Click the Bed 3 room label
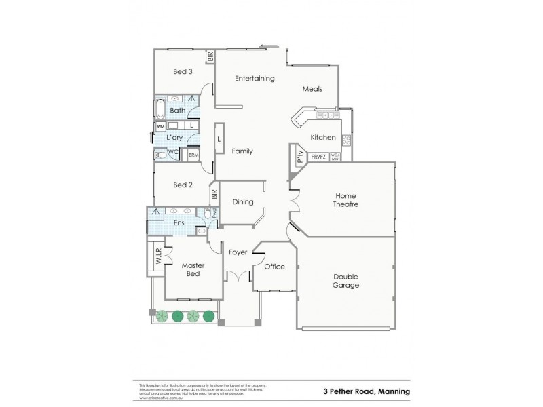(183, 72)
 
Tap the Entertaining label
(255, 78)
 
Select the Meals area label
(312, 89)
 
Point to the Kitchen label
(323, 138)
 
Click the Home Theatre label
(345, 199)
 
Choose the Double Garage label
(345, 281)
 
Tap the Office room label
(274, 267)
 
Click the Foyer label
(238, 252)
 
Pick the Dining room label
(243, 201)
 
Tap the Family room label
(242, 151)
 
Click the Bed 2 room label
(183, 185)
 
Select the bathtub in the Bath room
(160, 110)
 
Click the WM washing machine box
(161, 126)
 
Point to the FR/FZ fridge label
(318, 157)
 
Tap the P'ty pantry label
(299, 157)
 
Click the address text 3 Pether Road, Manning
(367, 391)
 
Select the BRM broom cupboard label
(193, 155)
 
